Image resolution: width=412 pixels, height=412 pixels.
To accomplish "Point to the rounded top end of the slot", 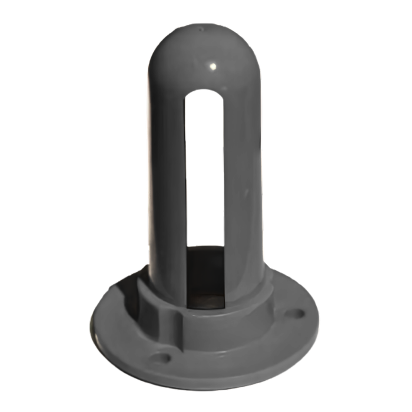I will tap(204, 93).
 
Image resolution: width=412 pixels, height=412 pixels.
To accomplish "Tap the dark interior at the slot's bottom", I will tap(205, 277).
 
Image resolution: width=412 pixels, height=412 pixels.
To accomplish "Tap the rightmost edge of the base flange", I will tap(318, 321).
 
